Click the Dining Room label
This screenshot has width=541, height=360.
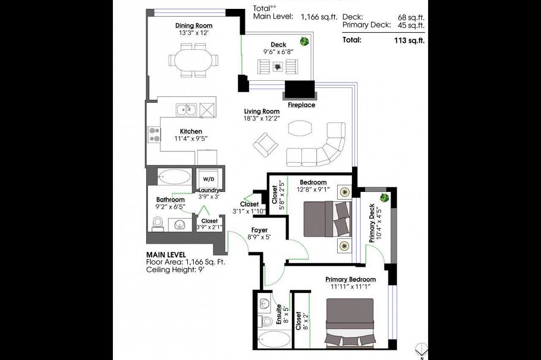pos(193,26)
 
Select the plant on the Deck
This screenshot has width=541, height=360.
pos(304,42)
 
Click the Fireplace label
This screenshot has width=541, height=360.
pos(301,105)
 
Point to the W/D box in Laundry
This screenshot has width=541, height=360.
pos(208,178)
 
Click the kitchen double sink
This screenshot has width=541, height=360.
pos(186,109)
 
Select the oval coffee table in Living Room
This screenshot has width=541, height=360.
pos(299,129)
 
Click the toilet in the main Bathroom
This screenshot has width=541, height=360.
pos(158,223)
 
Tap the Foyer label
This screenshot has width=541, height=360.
pos(259,229)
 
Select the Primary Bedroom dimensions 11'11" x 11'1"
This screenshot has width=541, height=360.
pos(350,286)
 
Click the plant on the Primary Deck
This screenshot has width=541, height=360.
pos(384,198)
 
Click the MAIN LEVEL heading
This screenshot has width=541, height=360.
pos(166,254)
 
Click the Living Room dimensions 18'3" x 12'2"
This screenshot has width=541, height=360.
pos(262,119)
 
